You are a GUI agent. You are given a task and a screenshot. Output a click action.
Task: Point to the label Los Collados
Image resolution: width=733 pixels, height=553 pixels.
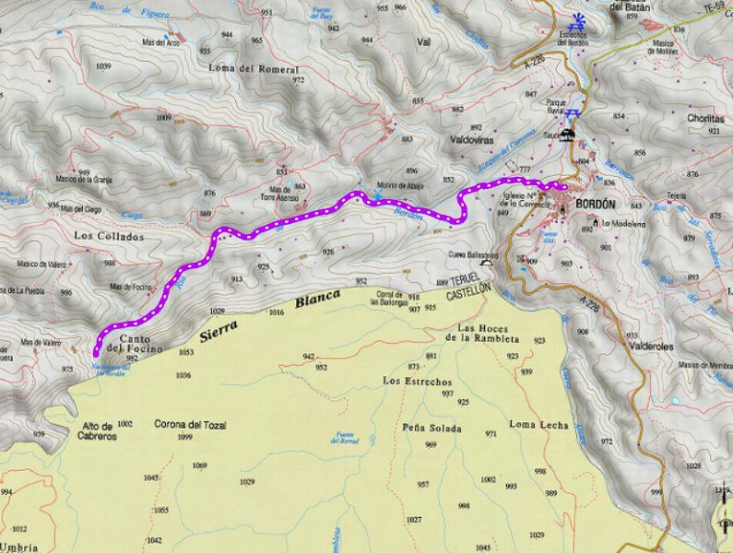(108, 237)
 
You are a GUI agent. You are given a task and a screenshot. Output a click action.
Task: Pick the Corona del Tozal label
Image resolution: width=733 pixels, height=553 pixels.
(192, 425)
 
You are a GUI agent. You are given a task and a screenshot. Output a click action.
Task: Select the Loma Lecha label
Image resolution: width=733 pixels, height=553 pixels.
(539, 424)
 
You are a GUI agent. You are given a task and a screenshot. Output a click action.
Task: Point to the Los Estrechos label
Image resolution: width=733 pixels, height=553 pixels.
(417, 381)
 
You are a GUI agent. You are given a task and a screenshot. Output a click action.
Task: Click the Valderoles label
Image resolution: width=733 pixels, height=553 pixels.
(650, 347)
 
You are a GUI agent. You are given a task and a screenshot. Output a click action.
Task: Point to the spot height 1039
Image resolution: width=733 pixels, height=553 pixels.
(102, 66)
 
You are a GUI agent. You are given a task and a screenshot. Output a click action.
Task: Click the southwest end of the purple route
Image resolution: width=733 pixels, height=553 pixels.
(97, 350)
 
